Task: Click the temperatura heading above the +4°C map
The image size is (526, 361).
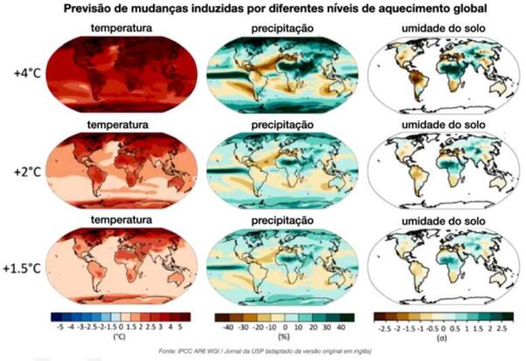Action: click(x=123, y=28)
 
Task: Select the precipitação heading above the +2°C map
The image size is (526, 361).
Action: click(x=281, y=124)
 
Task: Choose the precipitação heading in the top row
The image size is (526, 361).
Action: click(x=281, y=28)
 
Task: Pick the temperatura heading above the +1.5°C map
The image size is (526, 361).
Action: click(x=123, y=220)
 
